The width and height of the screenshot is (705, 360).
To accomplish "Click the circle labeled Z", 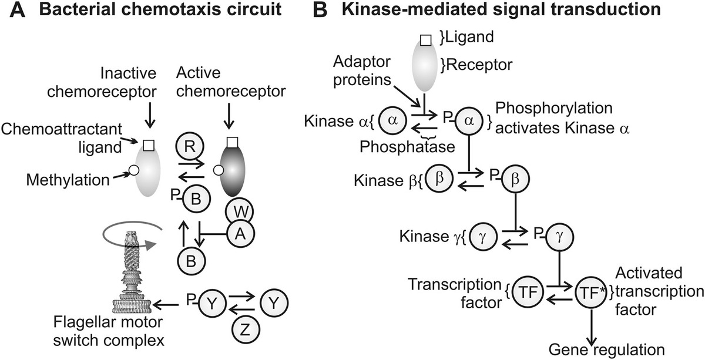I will coord(243,328).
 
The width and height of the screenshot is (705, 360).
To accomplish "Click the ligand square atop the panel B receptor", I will coord(427,41).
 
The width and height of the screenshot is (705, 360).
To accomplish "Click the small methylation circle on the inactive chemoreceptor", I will coord(134,170).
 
